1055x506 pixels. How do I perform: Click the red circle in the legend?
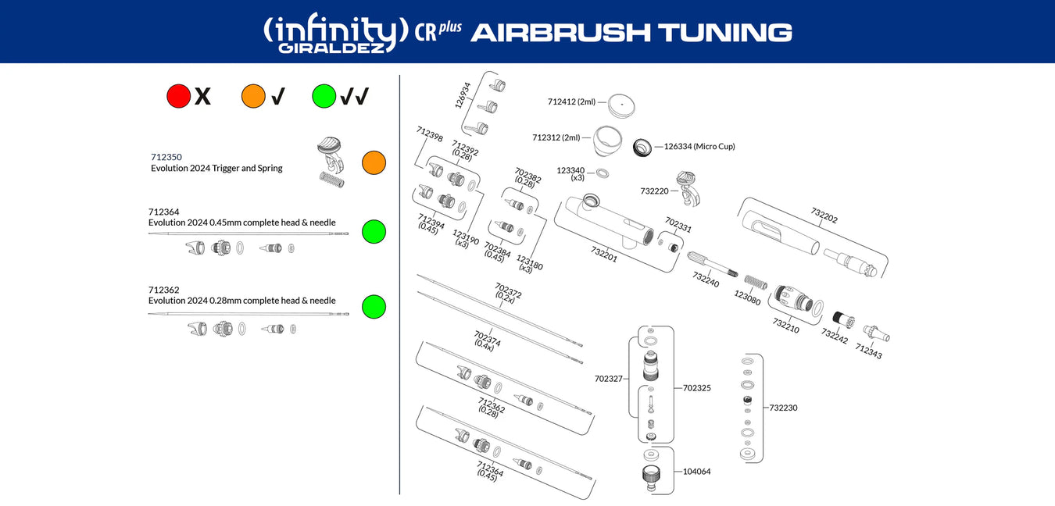[x=179, y=96]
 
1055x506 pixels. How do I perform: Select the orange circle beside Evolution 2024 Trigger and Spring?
[x=374, y=162]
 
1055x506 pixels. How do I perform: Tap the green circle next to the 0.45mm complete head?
[x=374, y=231]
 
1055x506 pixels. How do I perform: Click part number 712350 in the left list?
[x=166, y=157]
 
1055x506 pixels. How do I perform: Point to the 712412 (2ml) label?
[x=571, y=102]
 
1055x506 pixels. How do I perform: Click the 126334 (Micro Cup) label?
[x=699, y=146]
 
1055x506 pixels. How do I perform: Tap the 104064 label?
[x=696, y=472]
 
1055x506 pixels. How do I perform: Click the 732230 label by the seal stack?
[x=783, y=408]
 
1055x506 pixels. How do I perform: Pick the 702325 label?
[x=697, y=387]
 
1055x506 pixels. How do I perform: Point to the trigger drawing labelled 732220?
[x=687, y=188]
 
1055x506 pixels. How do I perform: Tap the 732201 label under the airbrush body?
[x=604, y=255]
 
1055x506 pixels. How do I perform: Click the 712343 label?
[x=868, y=352]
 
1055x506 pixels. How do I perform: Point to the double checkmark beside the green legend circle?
[x=354, y=96]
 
